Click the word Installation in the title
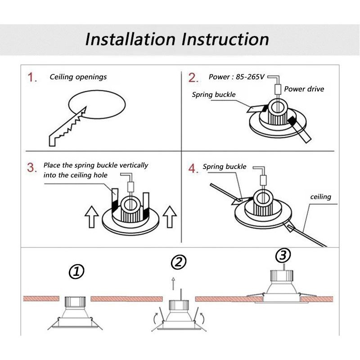click(130, 39)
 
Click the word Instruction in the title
click(225, 39)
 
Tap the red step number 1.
click(32, 77)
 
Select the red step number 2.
click(193, 77)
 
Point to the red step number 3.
click(31, 167)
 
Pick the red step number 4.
click(193, 168)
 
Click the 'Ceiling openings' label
click(78, 77)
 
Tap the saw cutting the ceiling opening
click(67, 127)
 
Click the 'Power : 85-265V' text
click(237, 76)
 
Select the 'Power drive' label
click(304, 89)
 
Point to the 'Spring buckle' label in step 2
click(214, 94)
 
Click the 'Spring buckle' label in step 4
click(224, 166)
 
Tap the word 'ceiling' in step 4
click(320, 197)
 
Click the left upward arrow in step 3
click(92, 217)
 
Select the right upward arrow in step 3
click(170, 217)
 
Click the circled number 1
click(76, 272)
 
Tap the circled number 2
click(179, 262)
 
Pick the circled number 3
click(283, 255)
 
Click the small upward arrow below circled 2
click(173, 284)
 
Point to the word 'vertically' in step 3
click(134, 166)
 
